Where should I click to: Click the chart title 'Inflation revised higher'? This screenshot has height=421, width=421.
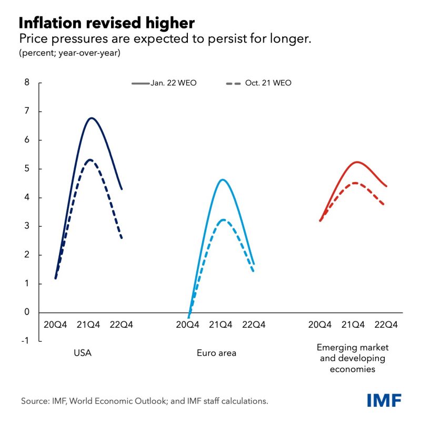point(107,23)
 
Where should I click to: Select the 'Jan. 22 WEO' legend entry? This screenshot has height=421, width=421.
point(164,83)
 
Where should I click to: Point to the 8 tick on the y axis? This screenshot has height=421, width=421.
point(26,83)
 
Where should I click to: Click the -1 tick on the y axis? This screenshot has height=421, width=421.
point(25,341)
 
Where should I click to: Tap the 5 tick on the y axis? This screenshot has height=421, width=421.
point(26,169)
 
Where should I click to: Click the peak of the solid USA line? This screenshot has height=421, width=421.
point(92,118)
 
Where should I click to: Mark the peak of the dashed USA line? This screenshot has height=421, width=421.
point(90,159)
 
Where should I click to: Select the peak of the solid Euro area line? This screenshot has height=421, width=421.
point(223,179)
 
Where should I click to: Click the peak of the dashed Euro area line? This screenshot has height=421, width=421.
point(224,219)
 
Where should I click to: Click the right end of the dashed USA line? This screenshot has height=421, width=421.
point(122,238)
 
